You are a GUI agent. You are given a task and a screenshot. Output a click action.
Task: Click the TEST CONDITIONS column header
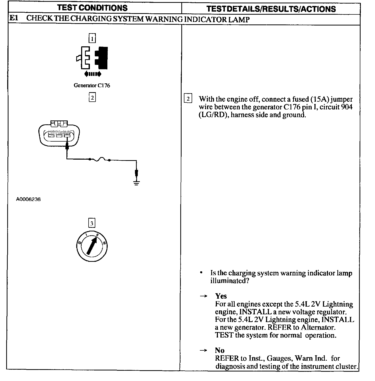tap(92, 8)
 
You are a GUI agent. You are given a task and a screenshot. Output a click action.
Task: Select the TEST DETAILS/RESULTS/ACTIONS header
tap(271, 9)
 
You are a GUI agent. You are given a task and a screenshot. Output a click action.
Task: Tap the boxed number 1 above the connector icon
tap(92, 39)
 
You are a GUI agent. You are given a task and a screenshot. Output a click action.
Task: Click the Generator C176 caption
tap(92, 86)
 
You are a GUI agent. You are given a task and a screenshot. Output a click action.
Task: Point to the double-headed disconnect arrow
tap(93, 74)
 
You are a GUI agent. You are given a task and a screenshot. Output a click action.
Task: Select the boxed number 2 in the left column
tap(92, 98)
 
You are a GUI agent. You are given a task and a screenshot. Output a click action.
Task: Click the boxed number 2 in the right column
tap(188, 99)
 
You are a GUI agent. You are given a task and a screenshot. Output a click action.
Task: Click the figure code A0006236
tap(28, 200)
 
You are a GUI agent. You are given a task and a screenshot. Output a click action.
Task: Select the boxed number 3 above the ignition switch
tap(92, 223)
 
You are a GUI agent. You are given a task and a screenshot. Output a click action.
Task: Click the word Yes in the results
tap(221, 296)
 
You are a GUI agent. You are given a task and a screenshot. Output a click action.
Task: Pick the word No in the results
tap(220, 350)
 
